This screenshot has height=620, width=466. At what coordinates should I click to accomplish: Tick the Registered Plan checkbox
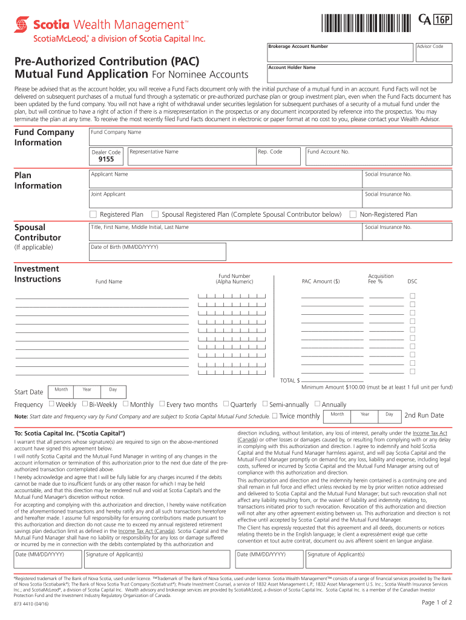93,214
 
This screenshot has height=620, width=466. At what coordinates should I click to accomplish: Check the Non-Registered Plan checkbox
353,214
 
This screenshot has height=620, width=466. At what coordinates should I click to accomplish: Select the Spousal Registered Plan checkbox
155,214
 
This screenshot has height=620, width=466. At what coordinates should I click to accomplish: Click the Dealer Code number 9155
107,160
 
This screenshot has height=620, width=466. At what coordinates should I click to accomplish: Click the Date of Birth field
157,252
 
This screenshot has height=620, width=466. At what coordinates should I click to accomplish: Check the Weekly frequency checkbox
51,404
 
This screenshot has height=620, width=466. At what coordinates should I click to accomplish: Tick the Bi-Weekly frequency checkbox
85,404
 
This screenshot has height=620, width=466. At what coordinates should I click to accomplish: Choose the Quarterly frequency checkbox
226,404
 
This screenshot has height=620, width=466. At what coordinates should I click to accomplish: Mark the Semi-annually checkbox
264,404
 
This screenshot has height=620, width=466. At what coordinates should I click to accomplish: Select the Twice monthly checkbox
275,415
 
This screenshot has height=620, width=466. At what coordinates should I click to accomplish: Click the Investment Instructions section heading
38,274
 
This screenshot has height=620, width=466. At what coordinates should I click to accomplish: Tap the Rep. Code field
278,156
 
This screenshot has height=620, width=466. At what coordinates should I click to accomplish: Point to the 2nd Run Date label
424,415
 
